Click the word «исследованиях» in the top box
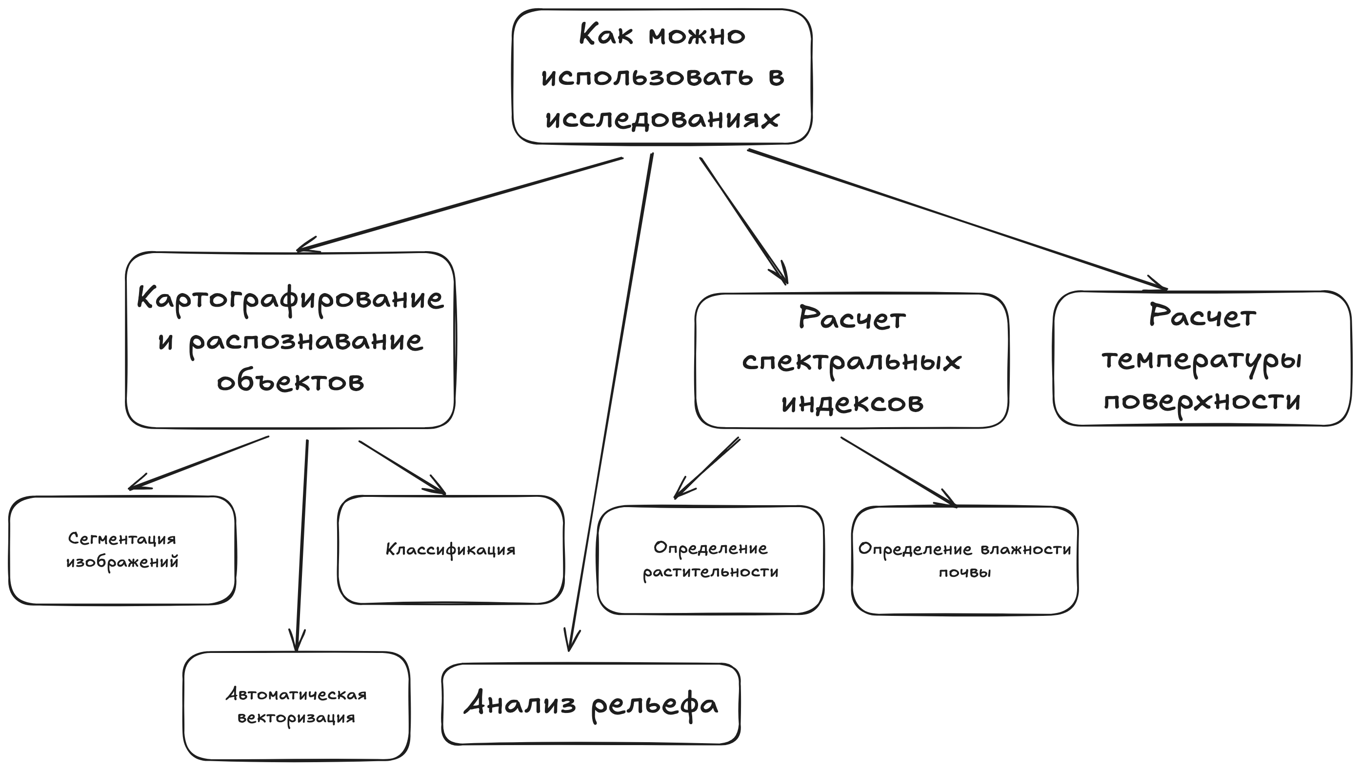(662, 118)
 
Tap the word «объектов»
(290, 381)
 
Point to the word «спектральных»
(851, 362)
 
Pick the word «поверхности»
(1201, 400)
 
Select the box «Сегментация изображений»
(122, 550)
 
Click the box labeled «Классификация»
(450, 549)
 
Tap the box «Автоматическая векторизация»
(296, 706)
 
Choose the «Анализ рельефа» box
(591, 704)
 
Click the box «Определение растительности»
(710, 560)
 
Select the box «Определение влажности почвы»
(964, 560)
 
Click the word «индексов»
(852, 402)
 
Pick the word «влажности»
(1025, 549)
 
